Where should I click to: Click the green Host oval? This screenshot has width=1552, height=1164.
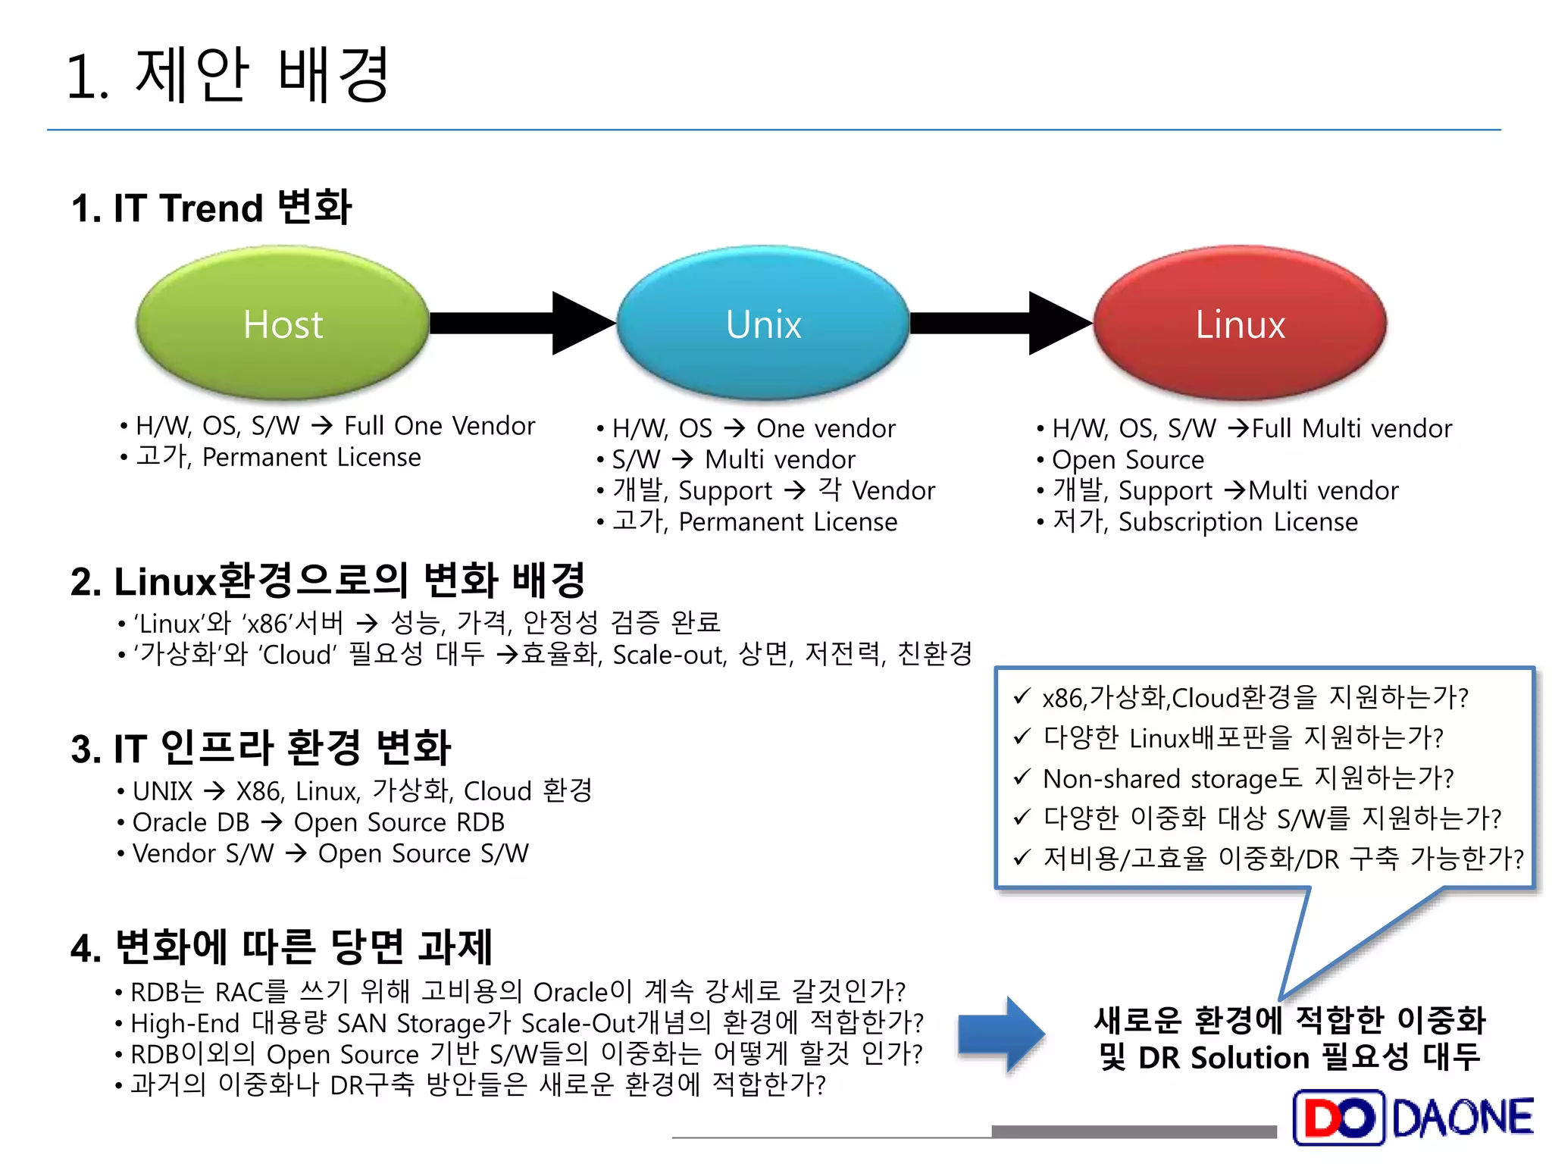click(283, 323)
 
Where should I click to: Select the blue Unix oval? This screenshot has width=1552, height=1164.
click(763, 323)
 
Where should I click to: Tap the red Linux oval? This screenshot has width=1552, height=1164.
click(1240, 323)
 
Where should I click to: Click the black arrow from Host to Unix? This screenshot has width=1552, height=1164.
click(523, 323)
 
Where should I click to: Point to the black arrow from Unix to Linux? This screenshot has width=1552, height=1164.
click(1000, 323)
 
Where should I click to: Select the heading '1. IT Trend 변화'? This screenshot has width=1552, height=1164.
click(211, 208)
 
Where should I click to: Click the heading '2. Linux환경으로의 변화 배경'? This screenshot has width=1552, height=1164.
click(327, 580)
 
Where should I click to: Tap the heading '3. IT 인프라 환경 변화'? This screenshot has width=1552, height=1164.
click(261, 747)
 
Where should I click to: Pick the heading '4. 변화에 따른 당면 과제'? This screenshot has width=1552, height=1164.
click(281, 947)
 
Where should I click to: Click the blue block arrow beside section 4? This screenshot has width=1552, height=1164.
click(1001, 1034)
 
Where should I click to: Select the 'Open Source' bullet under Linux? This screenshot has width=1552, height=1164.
click(1127, 460)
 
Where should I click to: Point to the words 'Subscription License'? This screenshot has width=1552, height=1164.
click(1238, 522)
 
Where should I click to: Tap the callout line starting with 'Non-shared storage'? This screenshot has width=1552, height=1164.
click(1247, 778)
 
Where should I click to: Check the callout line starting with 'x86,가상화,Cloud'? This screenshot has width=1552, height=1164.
click(1255, 697)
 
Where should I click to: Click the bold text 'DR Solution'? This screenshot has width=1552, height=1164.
click(1223, 1058)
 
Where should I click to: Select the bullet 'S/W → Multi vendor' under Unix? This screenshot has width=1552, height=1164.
click(733, 460)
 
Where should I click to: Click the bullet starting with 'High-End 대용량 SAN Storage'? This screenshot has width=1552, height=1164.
click(527, 1023)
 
